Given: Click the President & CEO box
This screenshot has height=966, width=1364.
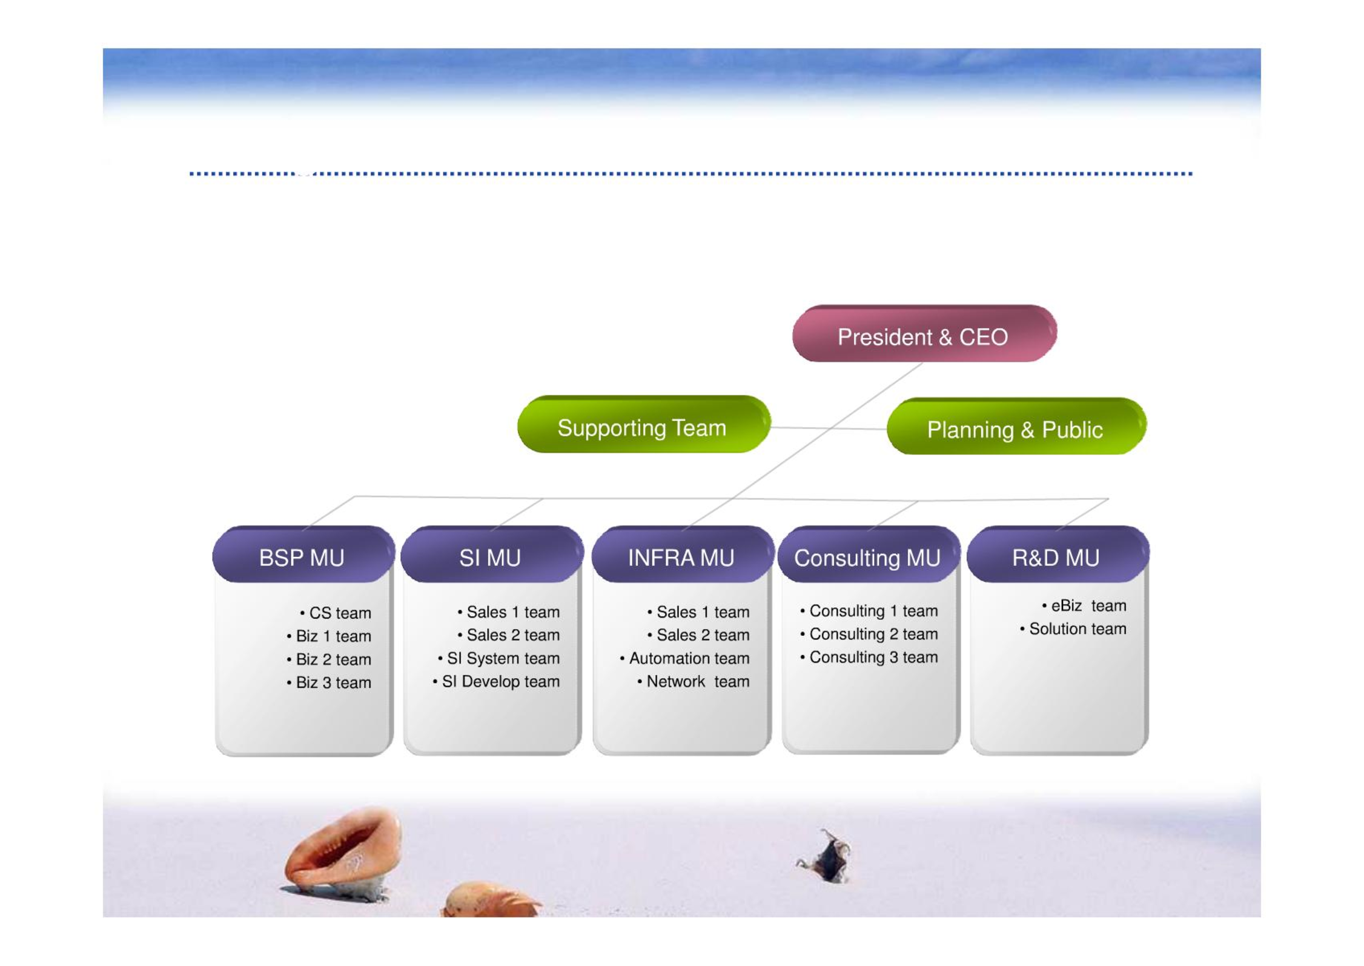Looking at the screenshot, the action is pos(924,334).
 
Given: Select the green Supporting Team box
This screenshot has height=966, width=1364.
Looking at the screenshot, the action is pos(644,425).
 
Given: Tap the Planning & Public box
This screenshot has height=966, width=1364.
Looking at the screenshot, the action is pos(1016,427).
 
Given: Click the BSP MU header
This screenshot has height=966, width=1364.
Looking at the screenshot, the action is pos(303,555).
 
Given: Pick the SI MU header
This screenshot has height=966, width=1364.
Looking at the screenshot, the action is pos(492,555).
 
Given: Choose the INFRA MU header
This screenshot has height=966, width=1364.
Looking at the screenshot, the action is pos(683,555).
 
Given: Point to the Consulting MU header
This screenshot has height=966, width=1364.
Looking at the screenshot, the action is pos(869,555).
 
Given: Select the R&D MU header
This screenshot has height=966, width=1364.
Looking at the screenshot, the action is pos(1058,555).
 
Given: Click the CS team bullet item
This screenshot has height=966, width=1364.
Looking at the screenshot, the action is pos(336,613).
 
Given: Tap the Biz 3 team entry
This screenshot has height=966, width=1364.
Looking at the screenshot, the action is pos(329,683).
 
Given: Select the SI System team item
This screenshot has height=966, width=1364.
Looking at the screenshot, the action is pos(498,659).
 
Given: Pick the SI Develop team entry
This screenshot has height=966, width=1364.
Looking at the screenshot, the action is pos(496,682).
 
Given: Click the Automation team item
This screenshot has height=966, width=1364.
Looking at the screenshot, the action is pos(684,659).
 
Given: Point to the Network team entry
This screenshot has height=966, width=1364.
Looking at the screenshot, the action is pos(694,682).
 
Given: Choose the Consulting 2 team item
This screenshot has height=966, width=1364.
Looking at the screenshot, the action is pos(869,635).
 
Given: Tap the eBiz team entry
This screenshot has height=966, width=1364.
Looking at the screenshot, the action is pos(1084,606).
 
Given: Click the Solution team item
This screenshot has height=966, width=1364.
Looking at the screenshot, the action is pos(1073,629).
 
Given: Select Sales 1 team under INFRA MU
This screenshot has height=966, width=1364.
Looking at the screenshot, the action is pos(698,612).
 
